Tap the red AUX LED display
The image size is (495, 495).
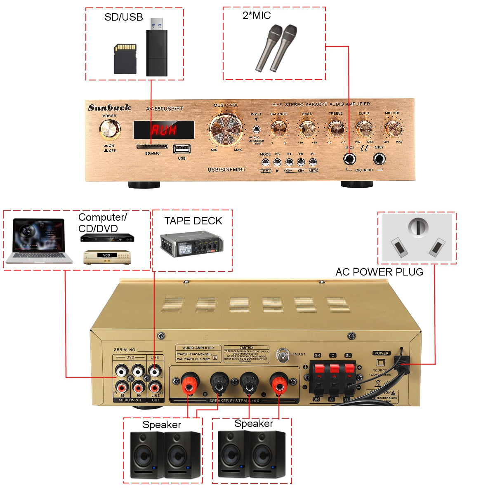tap(164, 130)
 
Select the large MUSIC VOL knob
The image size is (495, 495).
tap(226, 129)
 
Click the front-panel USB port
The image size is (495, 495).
tap(181, 149)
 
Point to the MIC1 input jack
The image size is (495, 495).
tap(350, 159)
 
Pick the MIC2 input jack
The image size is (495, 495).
tap(379, 159)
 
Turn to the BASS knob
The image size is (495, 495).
tap(307, 129)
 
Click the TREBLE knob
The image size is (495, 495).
tap(336, 128)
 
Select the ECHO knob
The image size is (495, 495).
tap(364, 128)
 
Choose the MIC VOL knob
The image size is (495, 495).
tap(392, 128)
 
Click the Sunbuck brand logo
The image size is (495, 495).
tap(109, 108)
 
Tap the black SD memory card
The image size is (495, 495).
tap(125, 59)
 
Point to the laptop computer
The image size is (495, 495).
tap(39, 241)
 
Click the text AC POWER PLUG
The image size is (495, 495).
tap(379, 272)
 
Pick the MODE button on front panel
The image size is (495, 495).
tap(265, 162)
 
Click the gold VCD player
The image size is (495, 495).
tap(107, 257)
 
